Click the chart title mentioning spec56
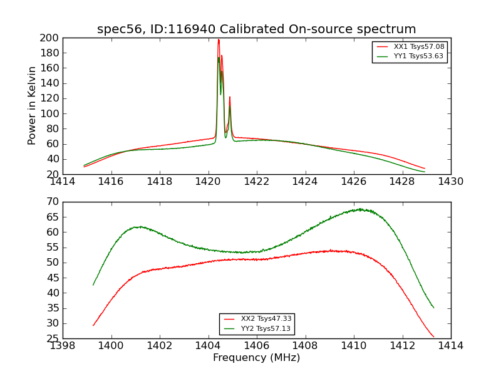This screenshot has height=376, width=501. (256, 29)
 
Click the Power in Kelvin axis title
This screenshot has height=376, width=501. (32, 106)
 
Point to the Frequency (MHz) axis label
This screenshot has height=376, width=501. (256, 358)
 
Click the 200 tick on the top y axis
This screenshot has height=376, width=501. (50, 38)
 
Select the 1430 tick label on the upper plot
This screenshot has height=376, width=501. (450, 182)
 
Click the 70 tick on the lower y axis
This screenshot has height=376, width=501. (53, 202)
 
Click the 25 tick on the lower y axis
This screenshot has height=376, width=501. (53, 338)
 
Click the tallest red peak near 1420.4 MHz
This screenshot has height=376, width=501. (219, 40)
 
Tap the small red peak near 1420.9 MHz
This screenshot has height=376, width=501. (230, 97)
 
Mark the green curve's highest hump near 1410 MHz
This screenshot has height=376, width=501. (360, 209)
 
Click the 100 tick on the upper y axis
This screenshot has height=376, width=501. (50, 113)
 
